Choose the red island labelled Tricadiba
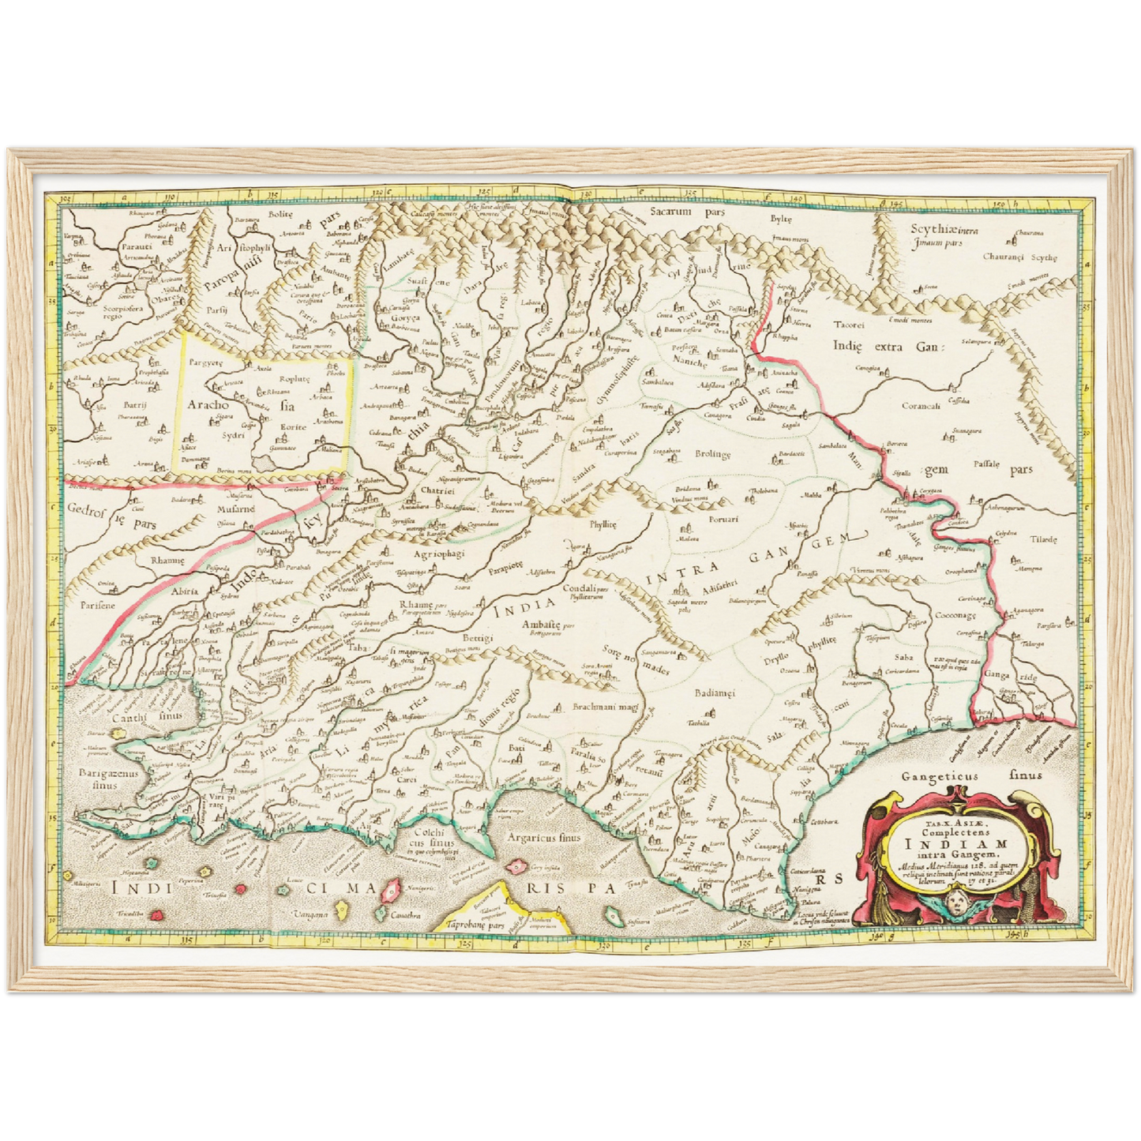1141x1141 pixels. [157, 914]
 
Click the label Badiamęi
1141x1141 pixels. [714, 692]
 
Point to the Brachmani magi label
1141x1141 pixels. [605, 708]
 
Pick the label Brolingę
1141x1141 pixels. [713, 455]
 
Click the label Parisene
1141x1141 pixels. [97, 605]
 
